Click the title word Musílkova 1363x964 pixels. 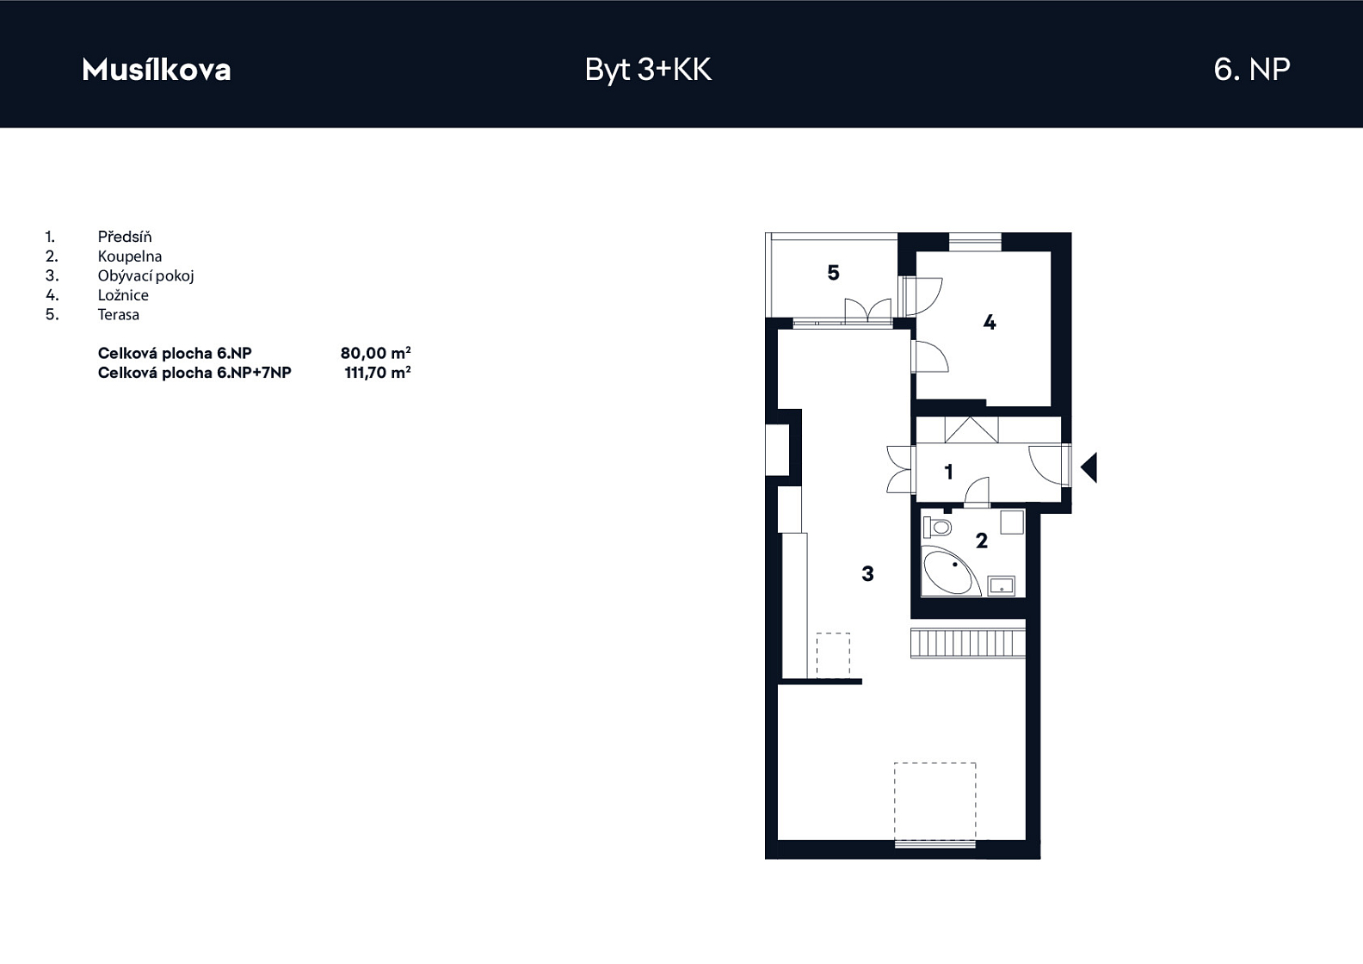click(x=157, y=70)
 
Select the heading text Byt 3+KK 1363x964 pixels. click(x=648, y=71)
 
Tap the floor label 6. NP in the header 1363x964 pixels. click(x=1252, y=70)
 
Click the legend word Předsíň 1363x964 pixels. click(x=125, y=236)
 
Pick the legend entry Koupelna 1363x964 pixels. click(x=130, y=256)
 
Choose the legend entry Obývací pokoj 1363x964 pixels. click(x=146, y=275)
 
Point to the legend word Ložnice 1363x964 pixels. click(x=123, y=295)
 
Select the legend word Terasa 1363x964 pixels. click(x=119, y=315)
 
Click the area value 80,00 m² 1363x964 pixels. click(x=375, y=353)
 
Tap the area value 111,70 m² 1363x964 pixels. click(x=377, y=373)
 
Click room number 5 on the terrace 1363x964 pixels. click(x=833, y=273)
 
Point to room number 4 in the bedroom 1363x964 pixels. click(x=990, y=323)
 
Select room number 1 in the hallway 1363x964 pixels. click(x=948, y=472)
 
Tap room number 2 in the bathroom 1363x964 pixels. click(x=982, y=541)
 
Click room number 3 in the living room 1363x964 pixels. click(x=867, y=573)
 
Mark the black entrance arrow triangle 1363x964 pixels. click(x=1089, y=468)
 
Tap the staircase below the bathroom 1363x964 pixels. click(x=967, y=643)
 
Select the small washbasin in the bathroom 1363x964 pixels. click(x=1002, y=585)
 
